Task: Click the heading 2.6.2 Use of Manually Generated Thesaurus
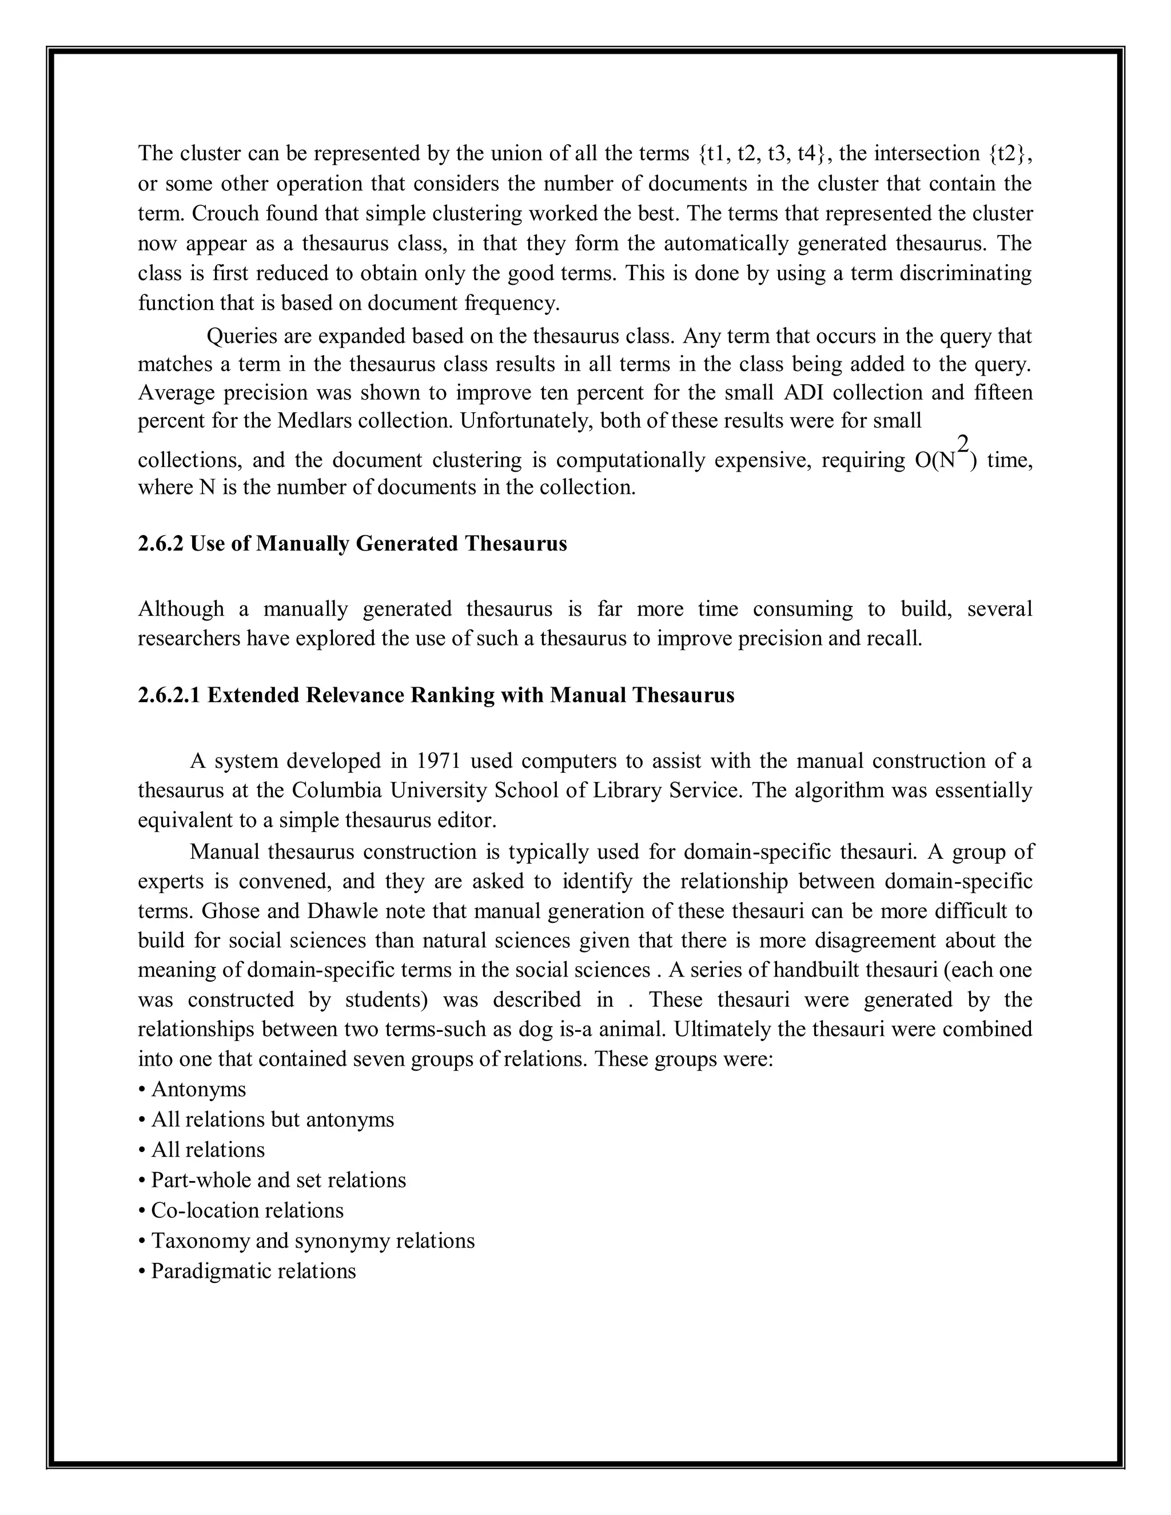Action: coord(352,544)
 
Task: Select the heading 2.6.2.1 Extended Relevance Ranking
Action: coord(436,695)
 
